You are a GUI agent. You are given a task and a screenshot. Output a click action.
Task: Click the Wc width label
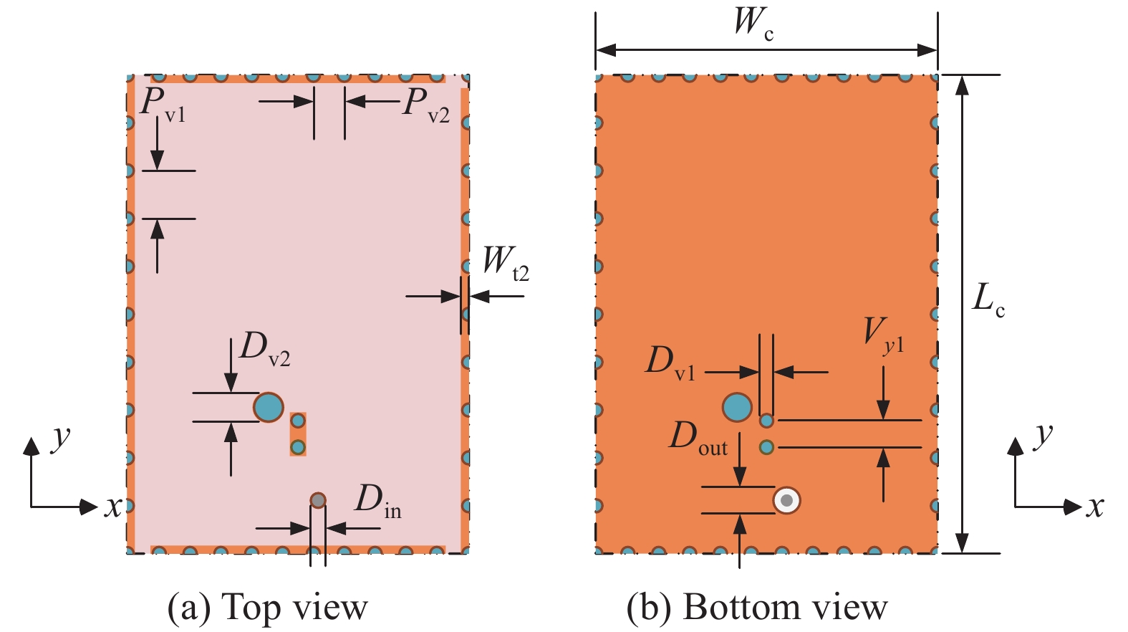coord(753,23)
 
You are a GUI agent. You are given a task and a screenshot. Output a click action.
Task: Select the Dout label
coord(698,438)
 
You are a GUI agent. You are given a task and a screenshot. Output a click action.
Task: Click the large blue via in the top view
coord(269,407)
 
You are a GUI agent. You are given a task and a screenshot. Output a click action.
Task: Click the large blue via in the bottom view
coord(737,407)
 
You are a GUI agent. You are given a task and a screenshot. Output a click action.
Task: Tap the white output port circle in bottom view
coord(787,500)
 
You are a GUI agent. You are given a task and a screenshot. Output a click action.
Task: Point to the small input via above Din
coord(318,500)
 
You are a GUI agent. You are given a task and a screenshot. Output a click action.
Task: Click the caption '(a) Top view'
coord(267,608)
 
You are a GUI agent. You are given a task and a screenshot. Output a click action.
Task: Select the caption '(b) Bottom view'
coord(756,608)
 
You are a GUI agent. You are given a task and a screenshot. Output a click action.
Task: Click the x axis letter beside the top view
coord(112,507)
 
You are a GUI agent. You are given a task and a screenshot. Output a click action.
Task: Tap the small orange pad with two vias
coord(298,434)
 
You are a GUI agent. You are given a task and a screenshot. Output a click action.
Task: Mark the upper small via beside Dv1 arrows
coord(766,421)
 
